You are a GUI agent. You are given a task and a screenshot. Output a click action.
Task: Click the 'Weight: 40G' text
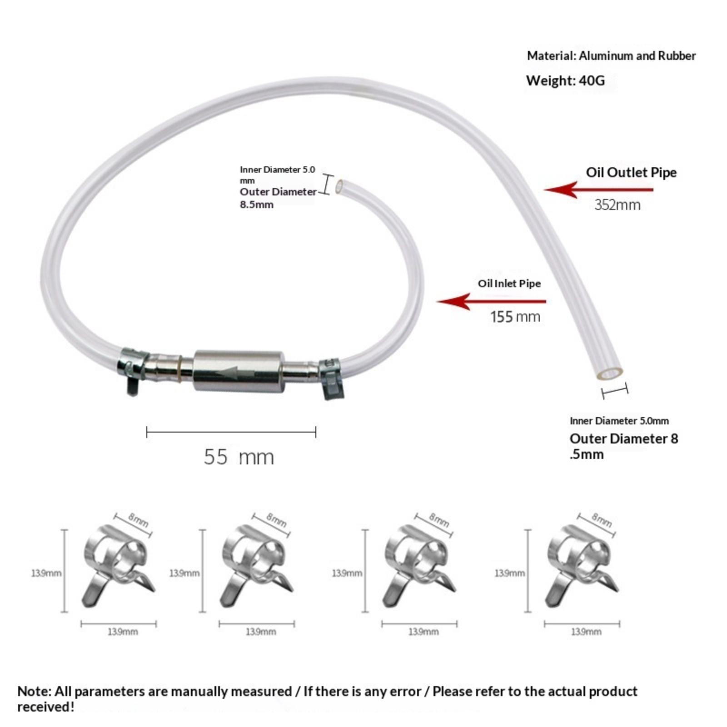[x=565, y=81]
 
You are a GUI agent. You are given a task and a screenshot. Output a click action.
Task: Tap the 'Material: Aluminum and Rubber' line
[x=611, y=56]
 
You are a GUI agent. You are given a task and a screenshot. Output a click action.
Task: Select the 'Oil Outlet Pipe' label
[x=631, y=173]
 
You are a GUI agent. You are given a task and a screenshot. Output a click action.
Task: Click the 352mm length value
[x=617, y=205]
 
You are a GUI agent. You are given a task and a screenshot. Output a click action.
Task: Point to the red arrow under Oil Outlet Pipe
[x=598, y=189]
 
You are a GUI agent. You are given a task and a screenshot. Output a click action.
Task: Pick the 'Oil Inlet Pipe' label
[x=509, y=284]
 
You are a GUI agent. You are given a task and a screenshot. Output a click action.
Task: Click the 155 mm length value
[x=515, y=317]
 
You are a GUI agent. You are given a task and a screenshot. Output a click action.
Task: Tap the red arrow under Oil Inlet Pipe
[x=492, y=301]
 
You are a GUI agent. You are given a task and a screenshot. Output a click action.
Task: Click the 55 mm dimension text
[x=239, y=457]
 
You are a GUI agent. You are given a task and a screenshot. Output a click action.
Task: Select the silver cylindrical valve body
[x=239, y=371]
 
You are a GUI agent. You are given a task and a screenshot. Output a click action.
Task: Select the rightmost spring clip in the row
[x=582, y=566]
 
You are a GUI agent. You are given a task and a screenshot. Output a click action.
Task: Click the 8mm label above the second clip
[x=276, y=520]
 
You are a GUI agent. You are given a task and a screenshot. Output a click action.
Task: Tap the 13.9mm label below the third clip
[x=423, y=632]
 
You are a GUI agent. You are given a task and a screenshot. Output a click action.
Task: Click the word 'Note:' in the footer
[x=34, y=692]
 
